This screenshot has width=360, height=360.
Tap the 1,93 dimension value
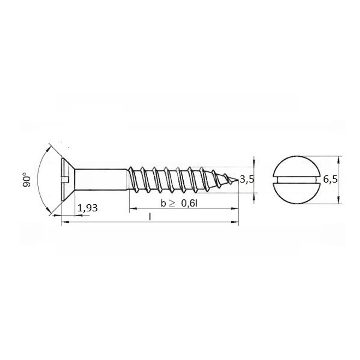point(87,208)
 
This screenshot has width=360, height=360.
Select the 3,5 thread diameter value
point(247,179)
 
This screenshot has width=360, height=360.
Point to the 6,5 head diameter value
point(330,179)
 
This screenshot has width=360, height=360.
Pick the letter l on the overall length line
point(150,217)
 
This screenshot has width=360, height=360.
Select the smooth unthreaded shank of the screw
point(101,180)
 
